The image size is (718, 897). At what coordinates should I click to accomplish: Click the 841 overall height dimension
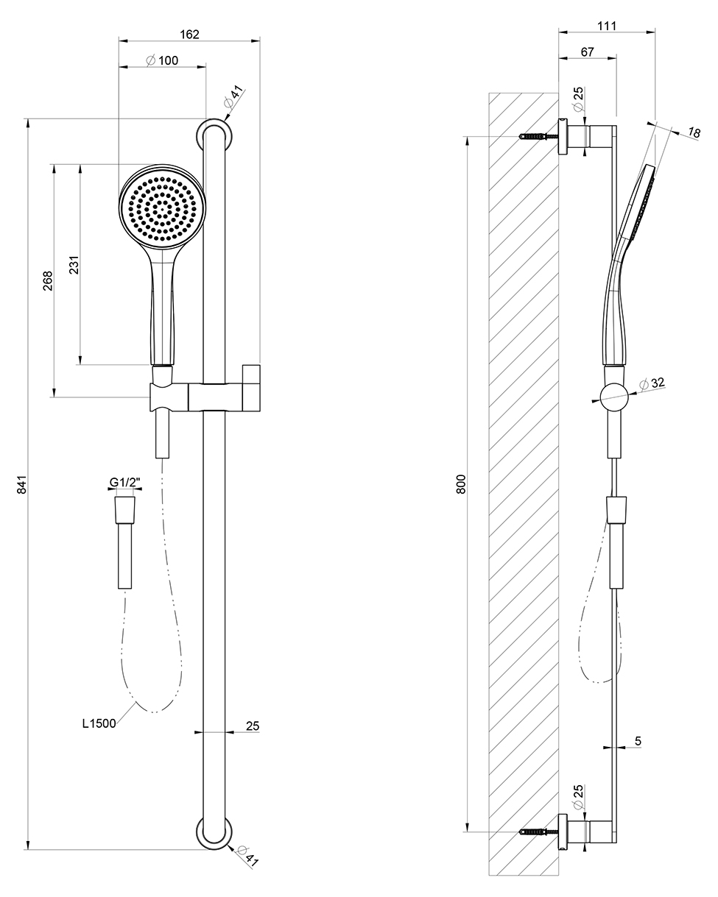coord(21,484)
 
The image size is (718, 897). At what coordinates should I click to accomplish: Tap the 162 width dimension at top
coord(189,34)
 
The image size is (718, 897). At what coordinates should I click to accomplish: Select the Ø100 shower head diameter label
coord(162,60)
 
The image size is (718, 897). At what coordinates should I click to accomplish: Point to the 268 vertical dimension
coord(48,280)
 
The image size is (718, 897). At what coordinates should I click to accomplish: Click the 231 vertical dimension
coord(74,265)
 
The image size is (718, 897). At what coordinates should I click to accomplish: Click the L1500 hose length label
coord(99,723)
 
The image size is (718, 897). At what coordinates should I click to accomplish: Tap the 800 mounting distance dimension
coord(460,484)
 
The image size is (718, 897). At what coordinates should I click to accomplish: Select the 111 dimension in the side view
coord(607,26)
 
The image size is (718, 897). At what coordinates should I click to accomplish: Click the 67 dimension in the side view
coord(587,52)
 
